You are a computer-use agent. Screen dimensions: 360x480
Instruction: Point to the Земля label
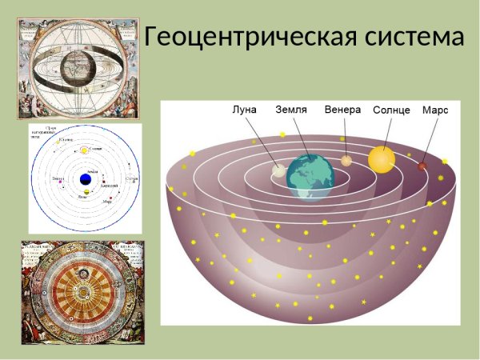pyautogui.click(x=291, y=110)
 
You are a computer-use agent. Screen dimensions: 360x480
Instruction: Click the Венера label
pyautogui.click(x=343, y=110)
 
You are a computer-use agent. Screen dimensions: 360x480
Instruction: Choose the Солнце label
pyautogui.click(x=392, y=110)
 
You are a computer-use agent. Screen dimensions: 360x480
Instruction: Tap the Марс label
pyautogui.click(x=435, y=110)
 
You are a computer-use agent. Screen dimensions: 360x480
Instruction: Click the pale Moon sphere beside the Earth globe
pyautogui.click(x=278, y=170)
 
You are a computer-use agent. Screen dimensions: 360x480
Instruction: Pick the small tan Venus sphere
pyautogui.click(x=346, y=161)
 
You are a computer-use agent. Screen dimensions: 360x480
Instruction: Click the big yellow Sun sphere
pyautogui.click(x=382, y=158)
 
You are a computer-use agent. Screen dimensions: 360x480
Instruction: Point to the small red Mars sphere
pyautogui.click(x=422, y=166)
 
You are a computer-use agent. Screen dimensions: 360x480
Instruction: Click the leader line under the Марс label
pyautogui.click(x=429, y=140)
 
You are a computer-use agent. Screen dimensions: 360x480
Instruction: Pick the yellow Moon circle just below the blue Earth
pyautogui.click(x=86, y=192)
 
